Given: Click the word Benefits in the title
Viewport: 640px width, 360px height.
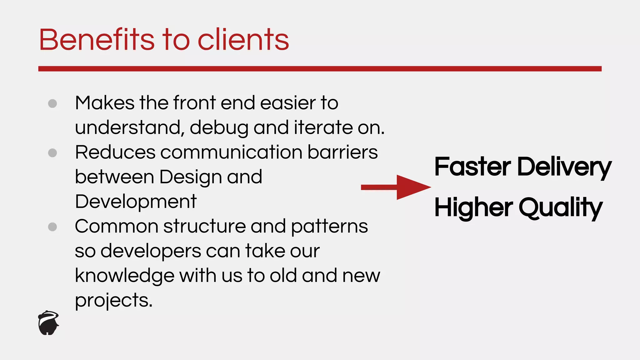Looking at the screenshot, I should (97, 40).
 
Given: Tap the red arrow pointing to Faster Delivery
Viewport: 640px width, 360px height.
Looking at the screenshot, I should (396, 187).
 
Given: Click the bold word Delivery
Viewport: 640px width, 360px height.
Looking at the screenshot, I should (564, 167).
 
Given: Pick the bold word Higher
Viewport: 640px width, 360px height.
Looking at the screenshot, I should (473, 207).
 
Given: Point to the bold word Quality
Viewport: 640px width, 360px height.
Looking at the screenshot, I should (561, 208).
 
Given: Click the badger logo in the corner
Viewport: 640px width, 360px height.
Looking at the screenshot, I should (48, 323).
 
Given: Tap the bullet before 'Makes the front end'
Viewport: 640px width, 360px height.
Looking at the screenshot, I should (52, 103).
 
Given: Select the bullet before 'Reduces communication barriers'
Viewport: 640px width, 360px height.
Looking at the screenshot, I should (52, 153).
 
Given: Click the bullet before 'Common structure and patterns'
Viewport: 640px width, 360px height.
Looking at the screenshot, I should (52, 227).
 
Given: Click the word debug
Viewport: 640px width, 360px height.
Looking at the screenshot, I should (219, 128).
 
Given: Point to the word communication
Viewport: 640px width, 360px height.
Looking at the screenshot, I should (231, 152).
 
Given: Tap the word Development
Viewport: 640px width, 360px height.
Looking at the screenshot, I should (136, 202).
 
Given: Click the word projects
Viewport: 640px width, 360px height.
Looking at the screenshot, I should (113, 301).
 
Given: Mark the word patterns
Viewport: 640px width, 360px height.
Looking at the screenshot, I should (329, 227).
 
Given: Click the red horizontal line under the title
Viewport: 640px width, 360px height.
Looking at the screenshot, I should (320, 69).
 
